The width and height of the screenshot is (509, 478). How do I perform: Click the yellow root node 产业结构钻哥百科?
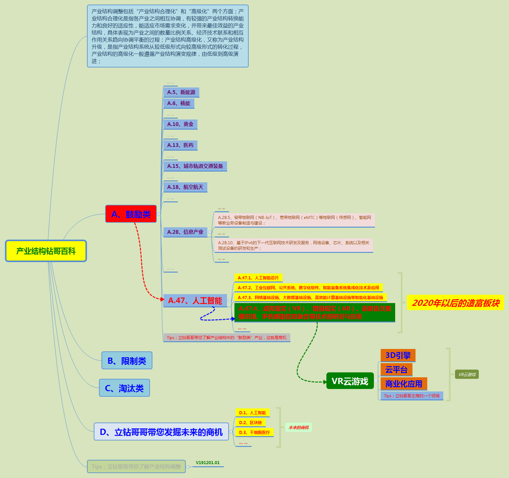(46, 251)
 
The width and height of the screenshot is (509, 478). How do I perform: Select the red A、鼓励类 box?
(131, 214)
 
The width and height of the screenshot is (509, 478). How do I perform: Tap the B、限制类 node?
(127, 360)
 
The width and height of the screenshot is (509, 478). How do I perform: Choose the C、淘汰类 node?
(124, 388)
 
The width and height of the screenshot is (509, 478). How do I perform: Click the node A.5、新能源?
(181, 92)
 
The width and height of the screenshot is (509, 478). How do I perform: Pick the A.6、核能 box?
(179, 103)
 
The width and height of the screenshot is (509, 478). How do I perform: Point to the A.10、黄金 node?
(180, 124)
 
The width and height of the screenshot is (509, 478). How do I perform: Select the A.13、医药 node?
(180, 145)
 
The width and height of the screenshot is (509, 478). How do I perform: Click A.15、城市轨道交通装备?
(195, 166)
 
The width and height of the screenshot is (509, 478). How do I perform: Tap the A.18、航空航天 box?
(185, 187)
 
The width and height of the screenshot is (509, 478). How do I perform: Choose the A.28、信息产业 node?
(185, 232)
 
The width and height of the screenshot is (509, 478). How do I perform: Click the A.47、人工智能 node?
(195, 301)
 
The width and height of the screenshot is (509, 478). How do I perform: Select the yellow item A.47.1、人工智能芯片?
(258, 278)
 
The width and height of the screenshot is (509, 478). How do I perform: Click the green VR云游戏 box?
(350, 381)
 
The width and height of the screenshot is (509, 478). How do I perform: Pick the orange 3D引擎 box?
(398, 355)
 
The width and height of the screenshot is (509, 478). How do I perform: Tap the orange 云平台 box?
(396, 370)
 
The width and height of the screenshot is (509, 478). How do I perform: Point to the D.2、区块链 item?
(250, 423)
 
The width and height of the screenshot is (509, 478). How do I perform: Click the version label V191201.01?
(208, 463)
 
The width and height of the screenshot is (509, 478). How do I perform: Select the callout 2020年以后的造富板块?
(455, 303)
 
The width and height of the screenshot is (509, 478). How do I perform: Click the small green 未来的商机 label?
(298, 427)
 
